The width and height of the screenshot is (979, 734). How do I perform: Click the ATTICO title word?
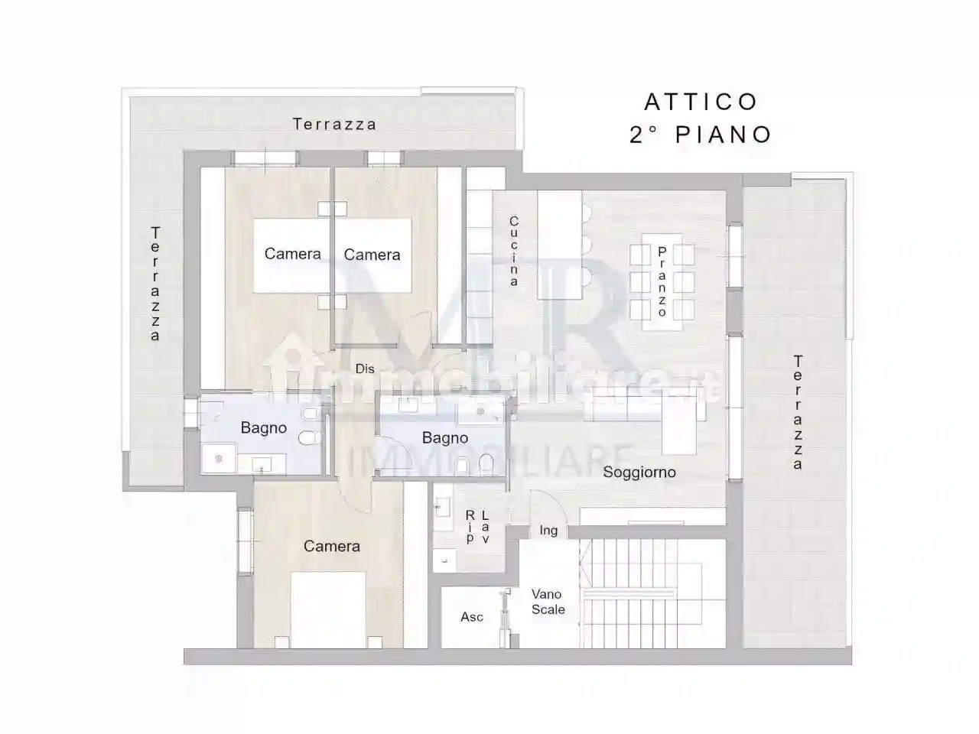[x=701, y=102]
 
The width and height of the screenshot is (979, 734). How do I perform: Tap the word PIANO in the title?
[x=724, y=135]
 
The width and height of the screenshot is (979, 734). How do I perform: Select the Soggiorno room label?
[x=639, y=472]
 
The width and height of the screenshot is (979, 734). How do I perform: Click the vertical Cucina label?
[x=515, y=252]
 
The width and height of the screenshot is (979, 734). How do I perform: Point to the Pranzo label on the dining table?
[x=662, y=281]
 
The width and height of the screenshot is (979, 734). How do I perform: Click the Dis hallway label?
[x=365, y=369]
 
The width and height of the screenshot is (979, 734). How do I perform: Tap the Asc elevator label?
[x=471, y=617]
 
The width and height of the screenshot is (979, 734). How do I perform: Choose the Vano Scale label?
[x=548, y=602]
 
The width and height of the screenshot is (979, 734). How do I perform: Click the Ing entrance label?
[x=548, y=530]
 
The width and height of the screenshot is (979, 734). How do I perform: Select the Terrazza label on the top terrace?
[x=334, y=124]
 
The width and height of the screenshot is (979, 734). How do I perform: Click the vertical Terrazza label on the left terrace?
[x=155, y=283]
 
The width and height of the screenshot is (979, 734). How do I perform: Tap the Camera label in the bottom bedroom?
[x=331, y=546]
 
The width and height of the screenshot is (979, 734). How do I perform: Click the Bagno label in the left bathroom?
[x=263, y=428]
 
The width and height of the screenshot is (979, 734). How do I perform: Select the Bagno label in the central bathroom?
[x=444, y=438]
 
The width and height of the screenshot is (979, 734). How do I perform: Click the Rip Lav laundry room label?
[x=477, y=527]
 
